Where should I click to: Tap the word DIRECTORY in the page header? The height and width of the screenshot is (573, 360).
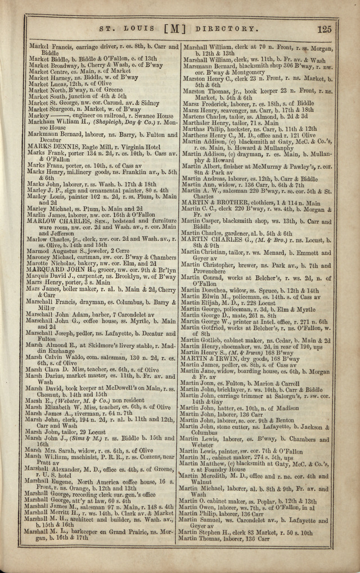[223, 29]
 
